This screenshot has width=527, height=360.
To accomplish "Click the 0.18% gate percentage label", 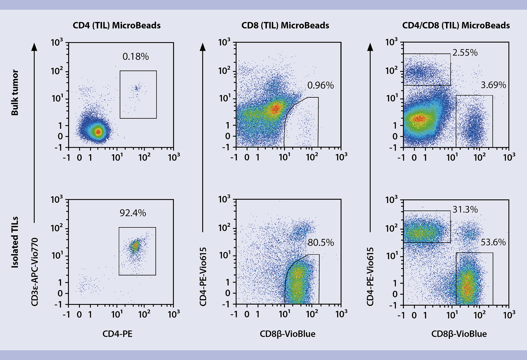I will pos(136,57).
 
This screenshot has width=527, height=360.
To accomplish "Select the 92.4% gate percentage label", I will pos(133,213).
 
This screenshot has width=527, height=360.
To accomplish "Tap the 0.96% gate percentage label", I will pos(320,86).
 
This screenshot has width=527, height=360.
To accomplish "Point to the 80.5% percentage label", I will pos(321,243).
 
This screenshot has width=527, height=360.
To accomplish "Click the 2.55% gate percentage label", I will pos(465,53).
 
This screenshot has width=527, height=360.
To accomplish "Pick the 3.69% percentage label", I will pos(493,85).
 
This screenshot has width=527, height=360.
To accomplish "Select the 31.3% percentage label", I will pos(465,210).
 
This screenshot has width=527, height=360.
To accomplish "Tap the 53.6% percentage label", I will pos(493,242).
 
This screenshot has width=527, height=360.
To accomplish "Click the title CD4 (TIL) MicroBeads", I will pos(117,26).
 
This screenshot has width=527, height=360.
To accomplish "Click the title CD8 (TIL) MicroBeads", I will pos(285,26).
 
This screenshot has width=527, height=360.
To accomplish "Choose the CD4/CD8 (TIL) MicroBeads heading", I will pos(456,26).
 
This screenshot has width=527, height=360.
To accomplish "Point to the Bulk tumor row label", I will pos(15,92).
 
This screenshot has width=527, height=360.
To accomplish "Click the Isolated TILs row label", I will pos(15,242).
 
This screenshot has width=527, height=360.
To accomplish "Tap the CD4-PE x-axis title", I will pos(117,334).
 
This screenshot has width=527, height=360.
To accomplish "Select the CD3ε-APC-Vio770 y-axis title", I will pos(35,272).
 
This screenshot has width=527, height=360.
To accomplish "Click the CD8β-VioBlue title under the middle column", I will pos(287,334).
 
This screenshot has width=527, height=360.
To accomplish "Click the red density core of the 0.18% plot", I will pos(98,132).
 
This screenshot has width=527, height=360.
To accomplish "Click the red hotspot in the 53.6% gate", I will pos(467,288).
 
